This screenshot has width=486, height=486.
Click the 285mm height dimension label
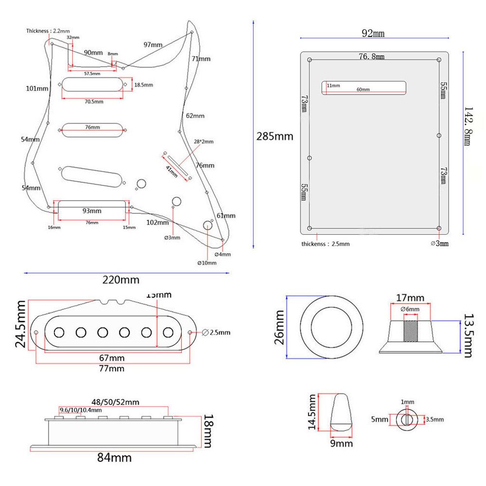(x=275, y=137)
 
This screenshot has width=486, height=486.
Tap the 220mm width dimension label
(x=121, y=280)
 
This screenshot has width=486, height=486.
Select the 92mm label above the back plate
(x=373, y=34)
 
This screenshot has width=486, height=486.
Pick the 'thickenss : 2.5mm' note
(x=325, y=244)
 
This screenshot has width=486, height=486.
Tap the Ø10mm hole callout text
(x=207, y=262)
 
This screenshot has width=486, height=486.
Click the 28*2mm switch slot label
(x=203, y=141)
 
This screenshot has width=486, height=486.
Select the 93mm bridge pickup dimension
(x=92, y=211)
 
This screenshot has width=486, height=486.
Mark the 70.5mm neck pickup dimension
(x=94, y=102)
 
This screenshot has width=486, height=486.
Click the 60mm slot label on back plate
(x=363, y=89)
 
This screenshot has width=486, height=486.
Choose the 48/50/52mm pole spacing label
(x=115, y=402)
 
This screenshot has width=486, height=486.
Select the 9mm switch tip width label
(x=342, y=443)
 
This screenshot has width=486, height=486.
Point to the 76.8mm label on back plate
(x=371, y=57)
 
